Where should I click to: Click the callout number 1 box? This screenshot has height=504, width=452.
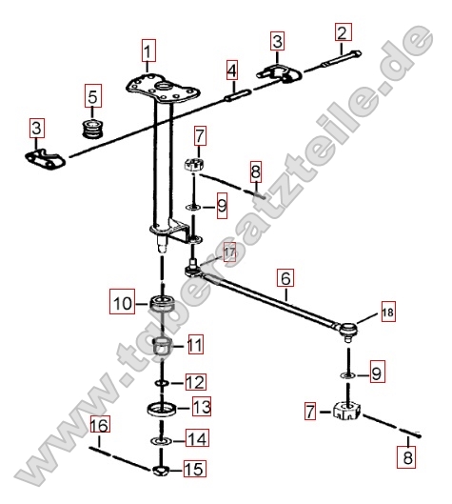pyautogui.click(x=147, y=50)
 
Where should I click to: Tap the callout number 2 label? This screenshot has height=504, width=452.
pyautogui.click(x=344, y=32)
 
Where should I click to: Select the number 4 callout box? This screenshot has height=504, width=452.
pyautogui.click(x=232, y=70)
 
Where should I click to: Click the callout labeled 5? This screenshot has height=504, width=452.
pyautogui.click(x=93, y=96)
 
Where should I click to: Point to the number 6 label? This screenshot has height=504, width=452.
pyautogui.click(x=285, y=277)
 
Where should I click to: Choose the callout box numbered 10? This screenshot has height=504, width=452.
pyautogui.click(x=122, y=302)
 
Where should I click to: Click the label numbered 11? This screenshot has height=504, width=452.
pyautogui.click(x=195, y=345)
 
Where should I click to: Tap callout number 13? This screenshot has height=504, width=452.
pyautogui.click(x=202, y=406)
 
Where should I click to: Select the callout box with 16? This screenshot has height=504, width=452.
pyautogui.click(x=100, y=425)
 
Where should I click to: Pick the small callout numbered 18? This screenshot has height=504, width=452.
pyautogui.click(x=388, y=312)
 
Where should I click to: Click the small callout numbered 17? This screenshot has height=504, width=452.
pyautogui.click(x=230, y=252)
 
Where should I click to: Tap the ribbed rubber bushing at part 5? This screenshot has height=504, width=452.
pyautogui.click(x=92, y=129)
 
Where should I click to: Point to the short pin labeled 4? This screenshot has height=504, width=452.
pyautogui.click(x=238, y=96)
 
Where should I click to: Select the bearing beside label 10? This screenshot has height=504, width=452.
pyautogui.click(x=163, y=303)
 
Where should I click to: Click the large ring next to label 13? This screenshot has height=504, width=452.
pyautogui.click(x=162, y=408)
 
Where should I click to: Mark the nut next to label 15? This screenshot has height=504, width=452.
pyautogui.click(x=161, y=471)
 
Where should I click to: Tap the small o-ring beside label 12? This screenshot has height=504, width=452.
pyautogui.click(x=162, y=383)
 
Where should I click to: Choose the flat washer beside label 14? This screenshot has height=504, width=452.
pyautogui.click(x=162, y=441)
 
